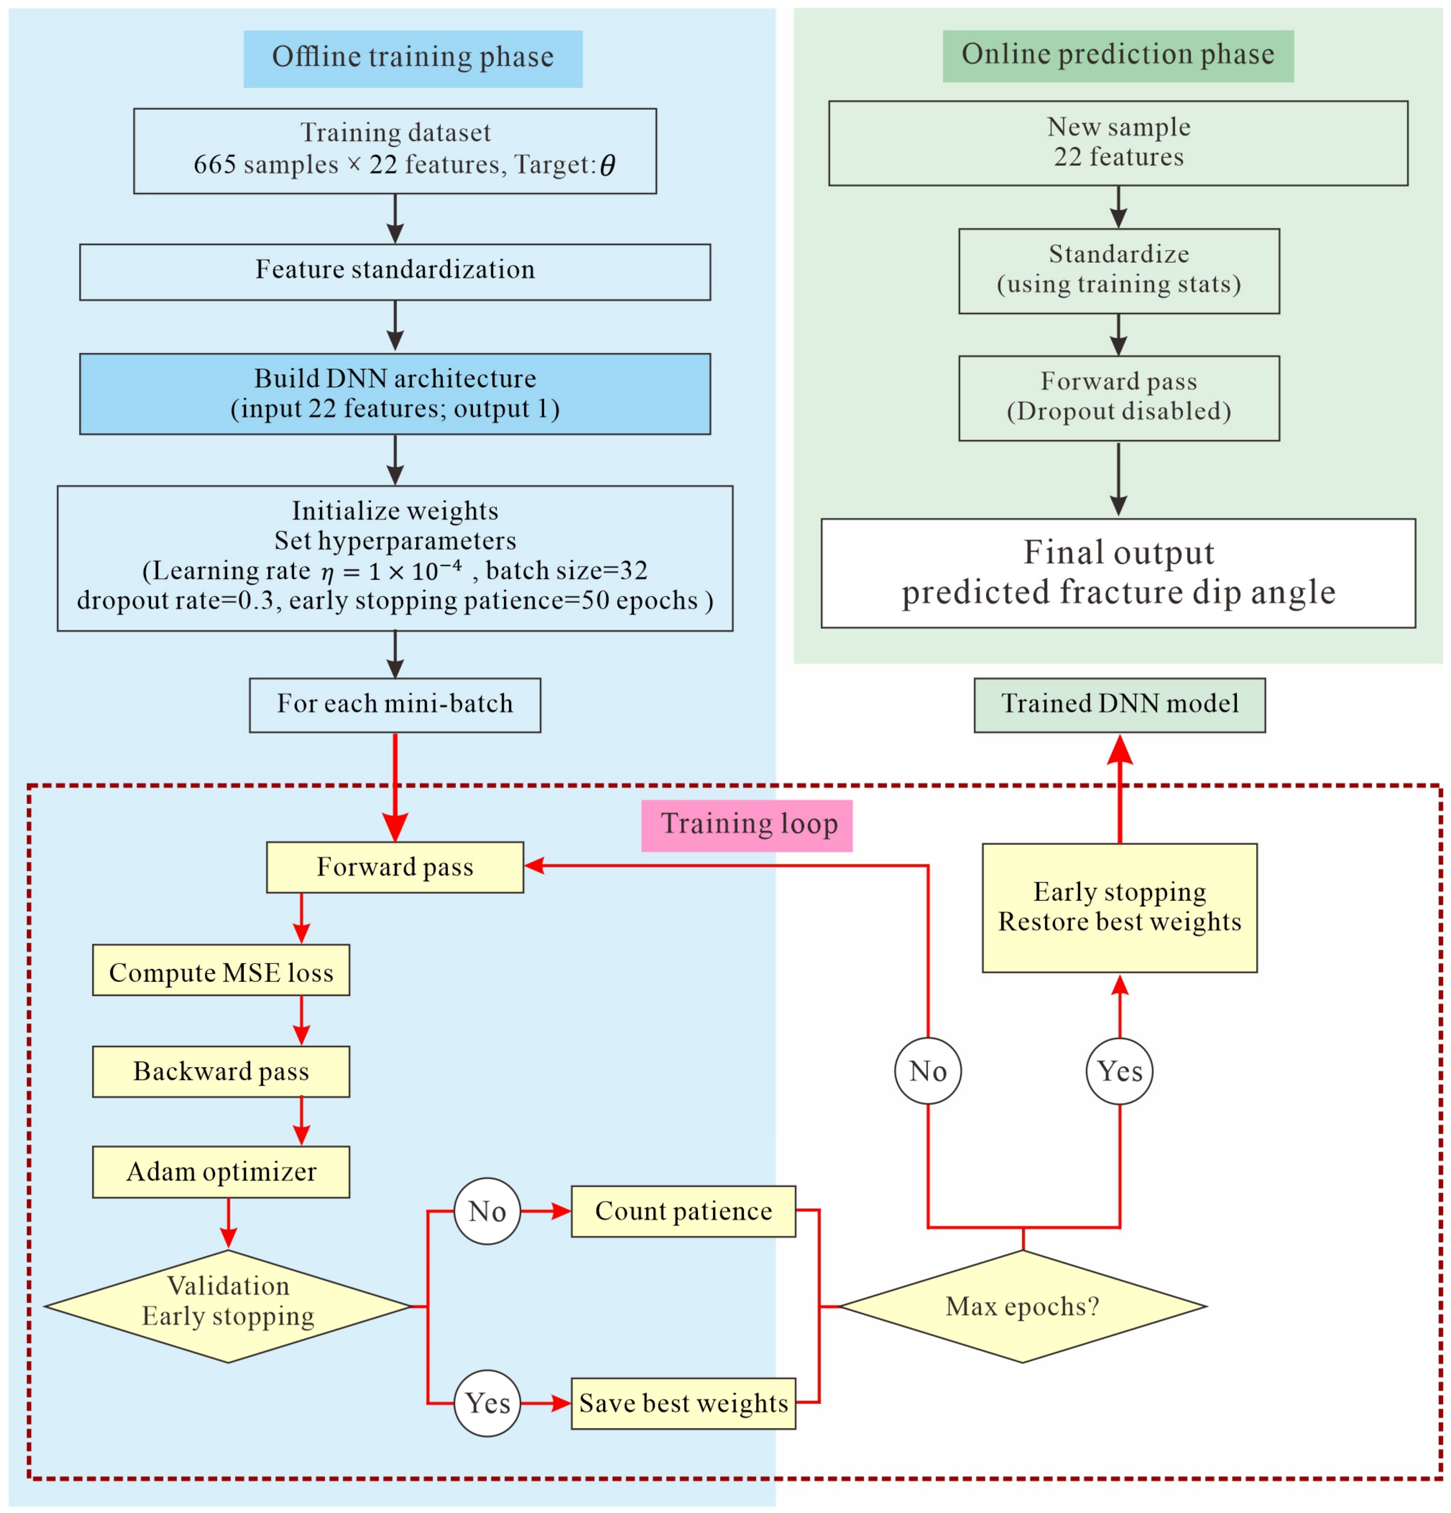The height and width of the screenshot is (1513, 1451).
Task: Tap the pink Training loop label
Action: (747, 825)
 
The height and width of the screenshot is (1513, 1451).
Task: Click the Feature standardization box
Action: (395, 272)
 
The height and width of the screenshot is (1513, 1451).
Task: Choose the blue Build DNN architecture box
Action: (395, 394)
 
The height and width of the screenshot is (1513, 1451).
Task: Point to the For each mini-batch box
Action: (395, 705)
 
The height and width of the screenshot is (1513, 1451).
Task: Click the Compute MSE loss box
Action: (221, 969)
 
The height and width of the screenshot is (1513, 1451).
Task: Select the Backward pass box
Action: (221, 1072)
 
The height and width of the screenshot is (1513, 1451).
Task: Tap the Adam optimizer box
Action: (221, 1172)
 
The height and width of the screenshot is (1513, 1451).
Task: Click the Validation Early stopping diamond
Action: (228, 1306)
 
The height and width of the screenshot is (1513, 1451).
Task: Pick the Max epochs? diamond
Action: (1022, 1306)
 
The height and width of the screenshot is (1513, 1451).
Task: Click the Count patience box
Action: (683, 1211)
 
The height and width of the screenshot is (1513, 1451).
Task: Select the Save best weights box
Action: (683, 1403)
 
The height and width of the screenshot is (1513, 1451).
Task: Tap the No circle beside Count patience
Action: (487, 1211)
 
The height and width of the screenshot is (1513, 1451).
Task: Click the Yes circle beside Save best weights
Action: (487, 1403)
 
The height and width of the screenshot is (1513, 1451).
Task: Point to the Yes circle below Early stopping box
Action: (1120, 1072)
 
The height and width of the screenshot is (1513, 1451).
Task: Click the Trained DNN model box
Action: (1120, 705)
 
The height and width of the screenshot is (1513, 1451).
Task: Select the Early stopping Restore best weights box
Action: (1120, 908)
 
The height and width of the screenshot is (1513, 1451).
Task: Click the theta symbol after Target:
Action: (608, 165)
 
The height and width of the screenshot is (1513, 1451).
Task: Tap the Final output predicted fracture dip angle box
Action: (1118, 573)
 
